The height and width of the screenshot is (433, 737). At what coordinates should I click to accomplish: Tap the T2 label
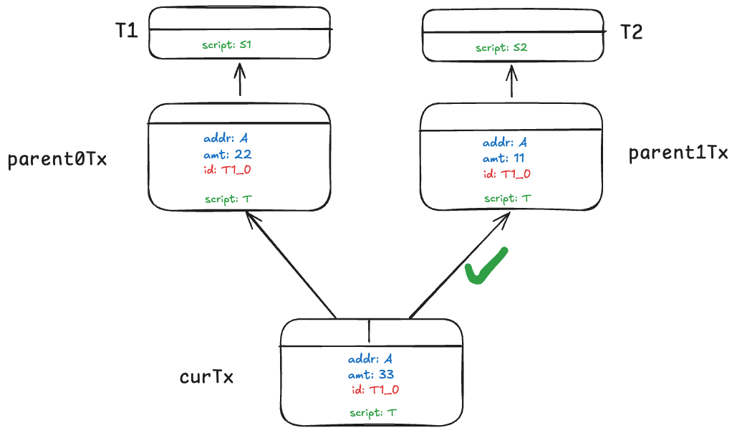click(631, 32)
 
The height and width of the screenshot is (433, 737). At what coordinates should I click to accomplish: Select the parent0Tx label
click(57, 159)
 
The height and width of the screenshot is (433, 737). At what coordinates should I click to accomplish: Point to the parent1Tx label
click(678, 153)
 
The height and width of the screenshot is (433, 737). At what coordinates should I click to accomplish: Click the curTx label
click(206, 377)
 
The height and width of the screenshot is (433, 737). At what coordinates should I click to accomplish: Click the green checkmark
click(486, 266)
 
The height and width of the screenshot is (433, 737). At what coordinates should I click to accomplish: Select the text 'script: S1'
click(226, 45)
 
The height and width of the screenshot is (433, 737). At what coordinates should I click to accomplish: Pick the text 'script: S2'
click(501, 48)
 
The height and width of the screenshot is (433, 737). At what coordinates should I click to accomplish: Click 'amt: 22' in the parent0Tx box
click(227, 154)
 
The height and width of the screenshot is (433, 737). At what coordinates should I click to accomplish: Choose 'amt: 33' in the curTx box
click(370, 374)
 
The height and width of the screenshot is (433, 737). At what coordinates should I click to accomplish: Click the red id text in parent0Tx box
click(227, 170)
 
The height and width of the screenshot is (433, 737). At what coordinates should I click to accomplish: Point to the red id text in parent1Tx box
click(506, 174)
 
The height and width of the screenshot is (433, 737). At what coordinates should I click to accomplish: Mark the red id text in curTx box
click(375, 390)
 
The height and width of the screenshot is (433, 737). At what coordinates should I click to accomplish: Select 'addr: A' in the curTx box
click(370, 359)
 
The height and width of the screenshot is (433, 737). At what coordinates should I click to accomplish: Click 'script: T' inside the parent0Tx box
click(228, 199)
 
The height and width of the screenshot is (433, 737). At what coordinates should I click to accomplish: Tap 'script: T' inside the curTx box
click(373, 413)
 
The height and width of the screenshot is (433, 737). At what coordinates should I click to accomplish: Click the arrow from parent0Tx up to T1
click(240, 78)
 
